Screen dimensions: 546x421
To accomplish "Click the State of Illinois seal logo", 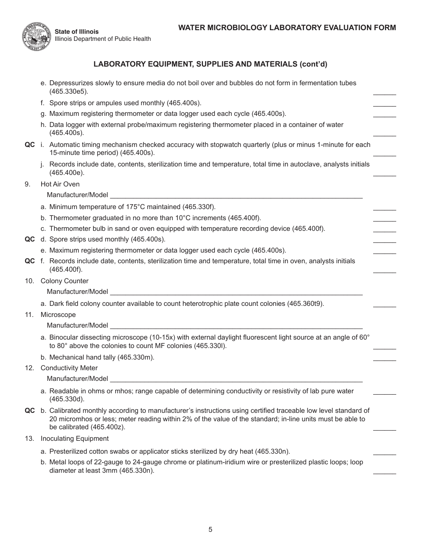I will (x=36, y=36).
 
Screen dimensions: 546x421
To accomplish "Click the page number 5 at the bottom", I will (x=210, y=529).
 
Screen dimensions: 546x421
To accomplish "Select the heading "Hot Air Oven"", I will (x=60, y=184).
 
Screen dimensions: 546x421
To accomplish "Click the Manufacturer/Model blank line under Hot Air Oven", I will (x=236, y=196).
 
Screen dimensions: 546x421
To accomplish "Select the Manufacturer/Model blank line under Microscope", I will (x=236, y=326).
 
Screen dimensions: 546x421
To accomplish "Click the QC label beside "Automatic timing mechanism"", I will (x=30, y=145).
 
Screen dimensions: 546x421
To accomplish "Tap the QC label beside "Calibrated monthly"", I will (x=30, y=411).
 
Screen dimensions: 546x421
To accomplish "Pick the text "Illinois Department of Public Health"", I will (x=103, y=39).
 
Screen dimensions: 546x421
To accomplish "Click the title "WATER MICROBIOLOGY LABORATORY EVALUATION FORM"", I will (x=287, y=28).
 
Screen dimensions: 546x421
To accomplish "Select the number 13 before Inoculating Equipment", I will (x=29, y=439).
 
